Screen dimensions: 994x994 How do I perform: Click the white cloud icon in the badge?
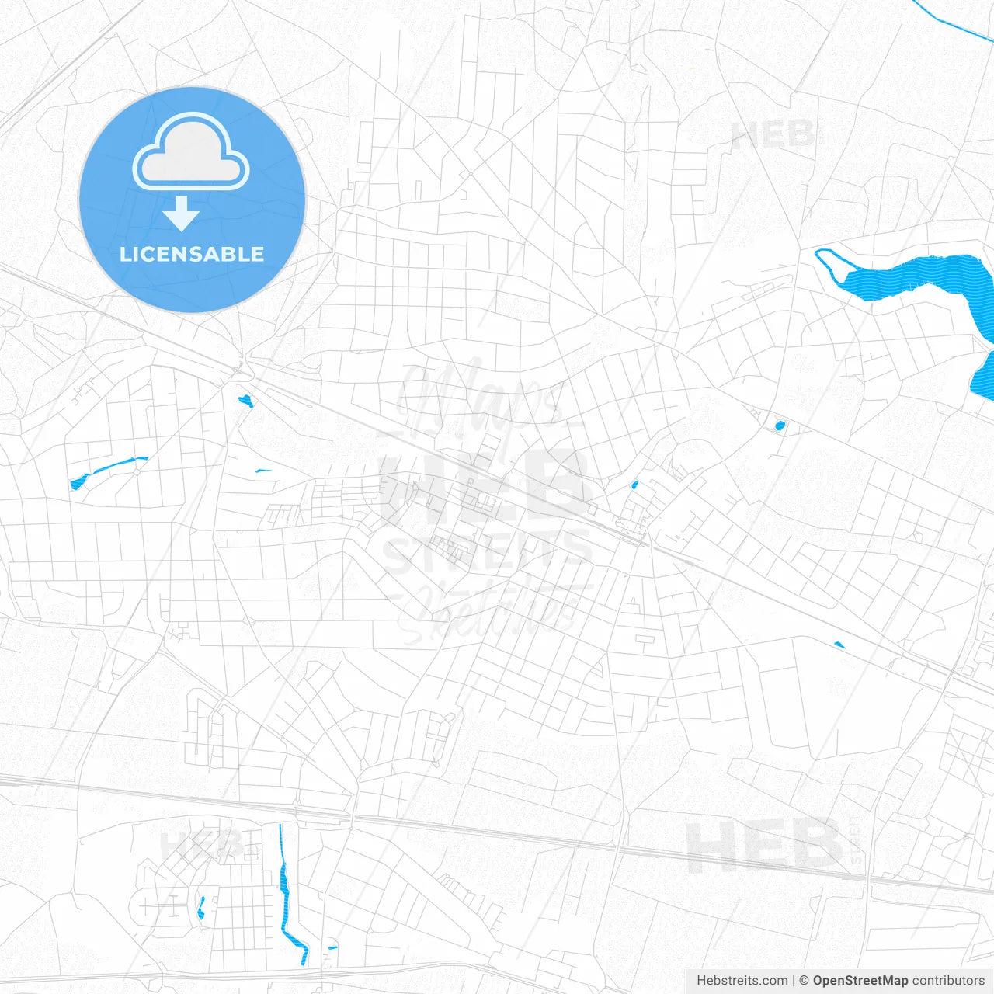pos(191,153)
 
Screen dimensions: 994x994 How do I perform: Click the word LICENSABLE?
pos(192,254)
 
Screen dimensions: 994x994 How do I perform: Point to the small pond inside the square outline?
pos(780,425)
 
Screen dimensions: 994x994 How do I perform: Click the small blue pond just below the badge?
pos(246,401)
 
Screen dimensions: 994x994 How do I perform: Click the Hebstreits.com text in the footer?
pos(742,981)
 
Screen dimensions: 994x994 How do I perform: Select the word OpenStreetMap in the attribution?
pos(860,981)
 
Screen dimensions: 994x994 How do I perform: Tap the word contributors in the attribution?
pos(947,981)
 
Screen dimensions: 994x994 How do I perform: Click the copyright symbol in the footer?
pos(804,981)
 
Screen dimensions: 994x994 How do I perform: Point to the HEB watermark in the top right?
pos(773,137)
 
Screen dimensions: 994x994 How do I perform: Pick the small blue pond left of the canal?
pos(201,907)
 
